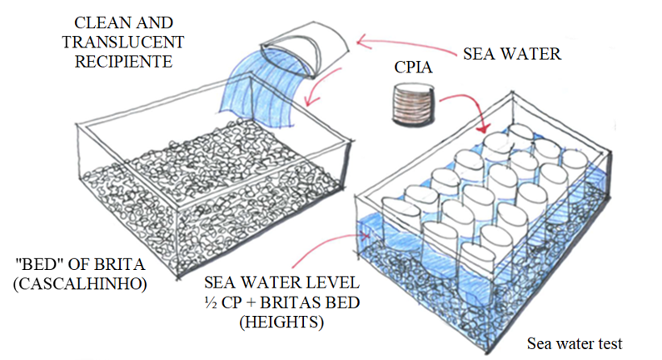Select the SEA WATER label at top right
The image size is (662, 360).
click(x=511, y=54)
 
